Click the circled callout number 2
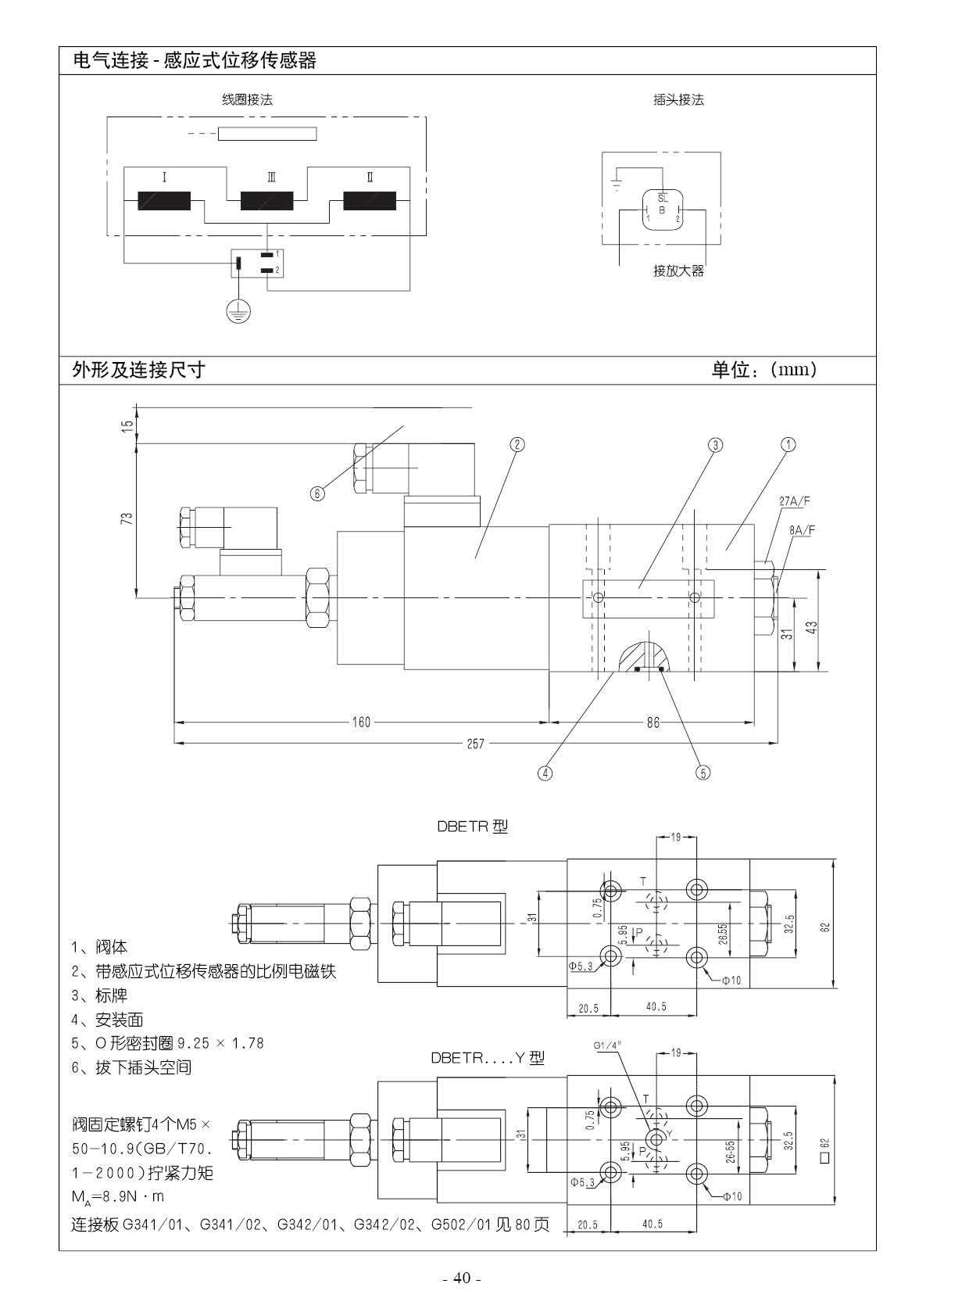click(x=517, y=444)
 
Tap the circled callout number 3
click(x=715, y=446)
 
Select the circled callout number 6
click(x=317, y=493)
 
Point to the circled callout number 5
click(x=703, y=773)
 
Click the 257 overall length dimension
click(x=476, y=744)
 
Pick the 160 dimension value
click(x=361, y=722)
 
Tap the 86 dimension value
click(x=653, y=722)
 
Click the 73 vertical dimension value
click(x=127, y=518)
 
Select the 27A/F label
click(x=795, y=501)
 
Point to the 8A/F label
click(x=802, y=530)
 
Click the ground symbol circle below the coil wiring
click(x=238, y=311)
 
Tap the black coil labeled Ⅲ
click(x=267, y=200)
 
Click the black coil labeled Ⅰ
click(x=164, y=200)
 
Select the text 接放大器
click(x=678, y=271)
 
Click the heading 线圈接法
click(x=247, y=99)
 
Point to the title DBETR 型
click(x=473, y=827)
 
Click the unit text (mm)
click(x=792, y=370)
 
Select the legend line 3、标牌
click(x=99, y=995)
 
